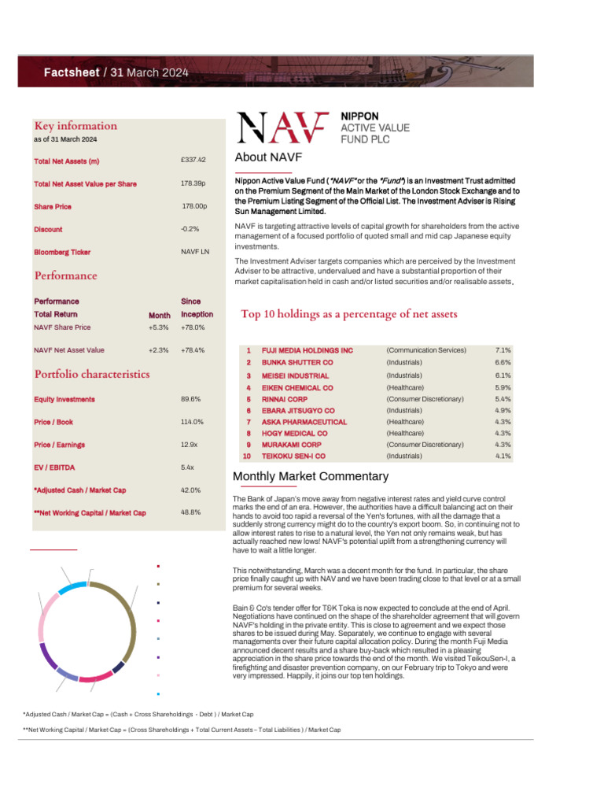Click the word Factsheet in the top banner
[71, 72]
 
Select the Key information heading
[75, 126]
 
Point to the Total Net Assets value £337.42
[193, 160]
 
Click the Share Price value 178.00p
[194, 206]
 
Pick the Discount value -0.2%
[190, 229]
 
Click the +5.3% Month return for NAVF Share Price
[159, 327]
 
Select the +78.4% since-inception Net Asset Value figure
[193, 350]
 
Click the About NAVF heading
[268, 157]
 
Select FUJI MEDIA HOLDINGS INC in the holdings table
[308, 350]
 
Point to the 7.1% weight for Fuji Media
[503, 350]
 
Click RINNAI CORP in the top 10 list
[285, 399]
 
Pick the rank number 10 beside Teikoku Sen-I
[247, 456]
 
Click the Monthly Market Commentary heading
[311, 477]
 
